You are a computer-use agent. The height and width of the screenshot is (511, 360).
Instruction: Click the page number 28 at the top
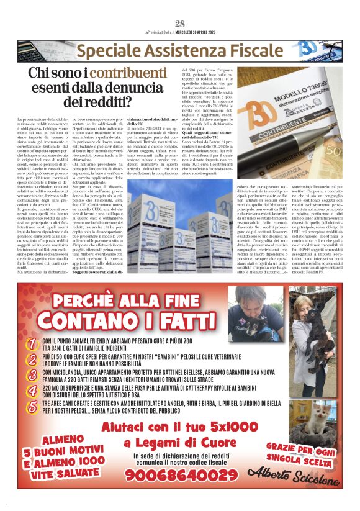[180, 24]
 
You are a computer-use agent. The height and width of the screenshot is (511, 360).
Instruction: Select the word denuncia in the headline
[138, 88]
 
